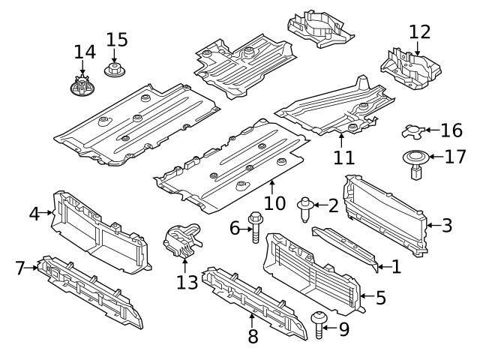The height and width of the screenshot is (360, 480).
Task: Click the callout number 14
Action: click(x=85, y=52)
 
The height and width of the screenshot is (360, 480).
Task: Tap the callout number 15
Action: click(x=117, y=39)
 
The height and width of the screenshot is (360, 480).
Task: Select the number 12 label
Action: click(x=420, y=31)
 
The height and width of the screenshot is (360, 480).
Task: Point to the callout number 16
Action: click(x=451, y=131)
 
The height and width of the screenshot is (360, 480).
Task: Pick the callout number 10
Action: click(x=275, y=203)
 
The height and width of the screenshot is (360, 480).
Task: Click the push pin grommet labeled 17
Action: click(x=415, y=166)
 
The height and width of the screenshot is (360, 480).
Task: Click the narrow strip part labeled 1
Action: click(x=346, y=247)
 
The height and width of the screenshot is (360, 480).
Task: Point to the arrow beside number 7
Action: click(x=35, y=268)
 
